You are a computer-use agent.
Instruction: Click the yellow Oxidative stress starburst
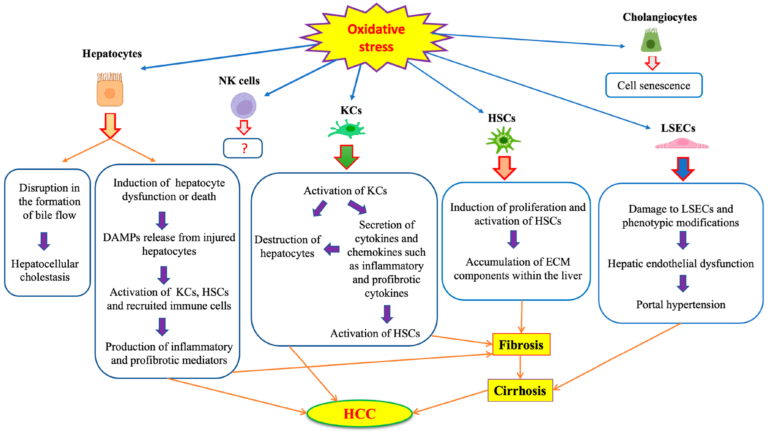click(376, 38)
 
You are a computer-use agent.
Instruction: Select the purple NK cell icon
click(243, 105)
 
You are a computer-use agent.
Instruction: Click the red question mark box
click(243, 148)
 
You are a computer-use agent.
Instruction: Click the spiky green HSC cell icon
click(503, 140)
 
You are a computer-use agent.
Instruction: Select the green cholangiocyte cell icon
click(651, 41)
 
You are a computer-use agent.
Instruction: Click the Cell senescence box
click(654, 86)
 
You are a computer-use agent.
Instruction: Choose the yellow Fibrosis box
click(521, 345)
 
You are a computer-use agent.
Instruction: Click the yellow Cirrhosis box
click(520, 390)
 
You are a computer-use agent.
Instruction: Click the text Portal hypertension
click(681, 305)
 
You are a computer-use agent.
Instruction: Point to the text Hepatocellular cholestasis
click(45, 270)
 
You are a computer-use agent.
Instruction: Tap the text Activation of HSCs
click(375, 333)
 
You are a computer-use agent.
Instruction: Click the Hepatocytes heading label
click(112, 54)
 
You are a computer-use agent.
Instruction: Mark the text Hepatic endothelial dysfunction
click(681, 263)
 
